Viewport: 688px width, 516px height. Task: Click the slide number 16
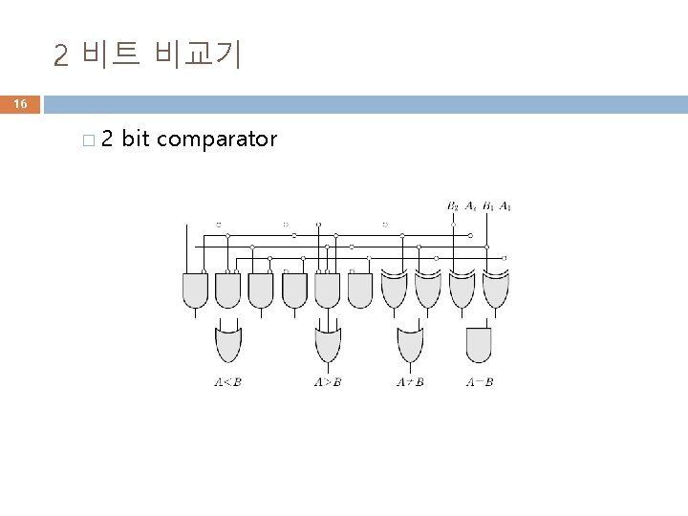pos(21,103)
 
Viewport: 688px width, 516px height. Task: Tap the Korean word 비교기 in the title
pos(202,54)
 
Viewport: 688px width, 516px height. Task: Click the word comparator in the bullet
pos(217,140)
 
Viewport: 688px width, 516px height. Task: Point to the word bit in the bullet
pos(136,140)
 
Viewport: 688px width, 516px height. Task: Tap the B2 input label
pos(453,205)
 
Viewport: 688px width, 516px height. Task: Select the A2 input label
pos(470,205)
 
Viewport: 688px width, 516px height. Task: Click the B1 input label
pos(487,205)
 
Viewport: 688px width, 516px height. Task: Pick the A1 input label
pos(505,205)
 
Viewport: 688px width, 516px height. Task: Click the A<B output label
pos(227,383)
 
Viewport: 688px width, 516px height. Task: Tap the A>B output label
pos(327,383)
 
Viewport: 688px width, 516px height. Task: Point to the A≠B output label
pos(410,383)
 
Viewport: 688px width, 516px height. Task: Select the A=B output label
pos(480,383)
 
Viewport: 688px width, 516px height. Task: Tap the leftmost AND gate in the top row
pos(195,289)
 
